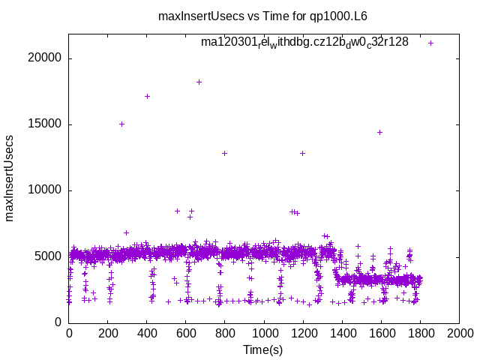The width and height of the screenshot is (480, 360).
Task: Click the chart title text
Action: tap(262, 16)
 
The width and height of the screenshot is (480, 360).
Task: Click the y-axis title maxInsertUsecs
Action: tap(10, 178)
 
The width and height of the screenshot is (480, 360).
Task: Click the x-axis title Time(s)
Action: tap(263, 349)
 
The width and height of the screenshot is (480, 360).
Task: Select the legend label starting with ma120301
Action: tap(304, 42)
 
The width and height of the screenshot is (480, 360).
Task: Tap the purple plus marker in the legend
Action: tap(430, 43)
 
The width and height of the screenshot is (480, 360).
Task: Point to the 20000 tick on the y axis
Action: tap(46, 58)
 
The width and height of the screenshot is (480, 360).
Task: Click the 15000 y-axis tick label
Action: tap(46, 124)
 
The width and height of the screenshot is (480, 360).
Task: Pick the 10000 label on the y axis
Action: tap(46, 190)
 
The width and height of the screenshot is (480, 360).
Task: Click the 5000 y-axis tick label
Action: tap(49, 256)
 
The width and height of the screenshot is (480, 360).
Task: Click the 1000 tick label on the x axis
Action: tap(263, 334)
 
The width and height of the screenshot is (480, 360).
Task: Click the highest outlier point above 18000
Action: tap(199, 82)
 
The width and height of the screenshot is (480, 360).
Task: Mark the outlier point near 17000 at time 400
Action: tap(147, 96)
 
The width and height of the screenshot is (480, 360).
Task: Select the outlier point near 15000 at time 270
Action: tap(121, 124)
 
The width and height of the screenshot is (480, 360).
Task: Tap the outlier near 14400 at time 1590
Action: tap(379, 132)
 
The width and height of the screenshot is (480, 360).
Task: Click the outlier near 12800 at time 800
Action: tap(224, 153)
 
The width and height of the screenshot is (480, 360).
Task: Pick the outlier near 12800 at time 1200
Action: tap(302, 153)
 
